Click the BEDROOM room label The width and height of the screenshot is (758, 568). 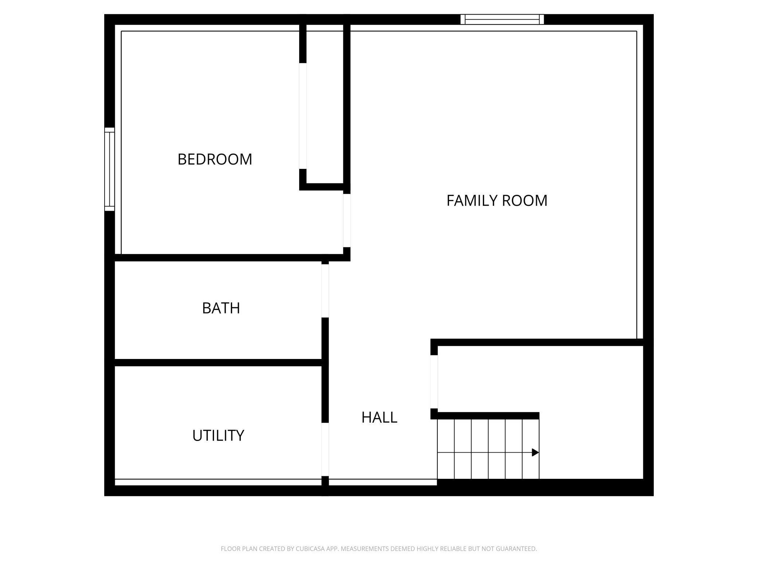point(215,159)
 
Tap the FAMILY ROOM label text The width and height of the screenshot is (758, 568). point(497,201)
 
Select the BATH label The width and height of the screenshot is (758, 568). point(221,308)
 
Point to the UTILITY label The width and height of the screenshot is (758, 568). point(218,435)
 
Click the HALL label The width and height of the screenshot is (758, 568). point(379,418)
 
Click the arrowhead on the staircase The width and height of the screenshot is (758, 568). point(535,453)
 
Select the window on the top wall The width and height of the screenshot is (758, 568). point(502,19)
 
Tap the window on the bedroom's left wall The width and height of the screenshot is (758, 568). point(110,169)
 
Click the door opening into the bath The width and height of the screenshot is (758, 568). point(325,291)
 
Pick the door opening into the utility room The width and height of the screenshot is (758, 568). point(325,450)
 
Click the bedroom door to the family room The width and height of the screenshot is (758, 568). point(347,221)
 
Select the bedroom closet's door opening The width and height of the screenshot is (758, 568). point(303,116)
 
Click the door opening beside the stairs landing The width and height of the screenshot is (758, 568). point(434,382)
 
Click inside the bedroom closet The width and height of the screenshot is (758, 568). point(325,106)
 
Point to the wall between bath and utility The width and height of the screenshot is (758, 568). point(218,363)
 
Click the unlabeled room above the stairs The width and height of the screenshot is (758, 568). point(540,379)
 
